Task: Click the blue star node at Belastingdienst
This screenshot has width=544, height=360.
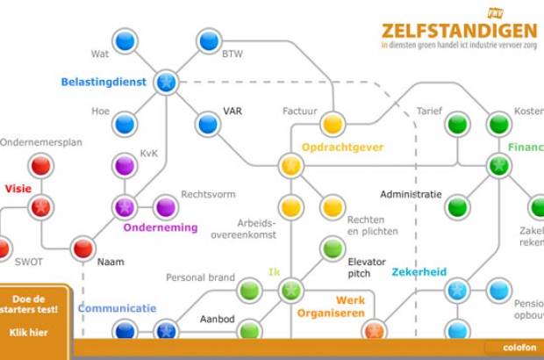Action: [x=166, y=83]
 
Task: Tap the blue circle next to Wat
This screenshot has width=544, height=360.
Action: [x=125, y=40]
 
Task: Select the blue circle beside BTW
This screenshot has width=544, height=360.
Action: [x=208, y=40]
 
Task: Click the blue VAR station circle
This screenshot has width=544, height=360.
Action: [x=208, y=124]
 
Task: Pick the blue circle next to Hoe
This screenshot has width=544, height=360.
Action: [x=125, y=124]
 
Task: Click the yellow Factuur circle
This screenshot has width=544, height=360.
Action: [x=332, y=124]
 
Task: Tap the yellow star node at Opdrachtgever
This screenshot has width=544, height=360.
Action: [x=290, y=165]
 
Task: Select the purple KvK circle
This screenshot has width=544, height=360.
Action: [x=125, y=165]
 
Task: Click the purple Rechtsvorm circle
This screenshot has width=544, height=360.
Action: [x=166, y=207]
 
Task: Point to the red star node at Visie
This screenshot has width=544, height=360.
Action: [x=40, y=207]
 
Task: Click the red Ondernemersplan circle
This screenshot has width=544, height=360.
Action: [x=40, y=165]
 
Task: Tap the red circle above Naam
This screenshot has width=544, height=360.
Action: [x=83, y=248]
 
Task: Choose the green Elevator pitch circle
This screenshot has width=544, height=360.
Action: [x=332, y=248]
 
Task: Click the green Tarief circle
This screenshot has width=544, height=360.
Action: [x=456, y=124]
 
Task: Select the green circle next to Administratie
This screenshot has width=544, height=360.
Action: [x=456, y=207]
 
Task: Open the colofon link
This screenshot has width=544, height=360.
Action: [x=519, y=347]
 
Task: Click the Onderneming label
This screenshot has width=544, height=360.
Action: [x=161, y=227]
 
